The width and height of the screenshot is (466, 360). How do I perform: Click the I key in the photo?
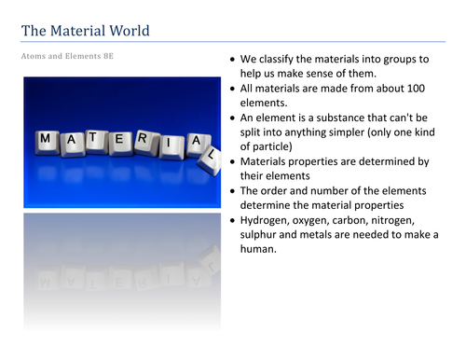point(170,146)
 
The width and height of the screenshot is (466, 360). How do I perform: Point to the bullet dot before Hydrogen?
point(233,221)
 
